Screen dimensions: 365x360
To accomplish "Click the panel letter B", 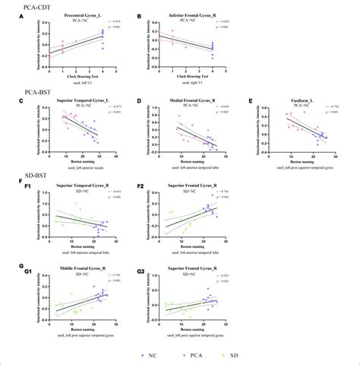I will coord(144,16).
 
